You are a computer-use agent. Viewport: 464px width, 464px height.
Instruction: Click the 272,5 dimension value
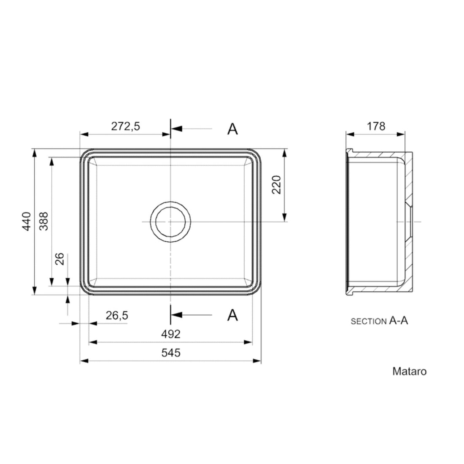coord(125,127)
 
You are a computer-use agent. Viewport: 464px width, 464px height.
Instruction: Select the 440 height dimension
coord(27,221)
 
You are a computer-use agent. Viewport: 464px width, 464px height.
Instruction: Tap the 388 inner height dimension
coord(44,221)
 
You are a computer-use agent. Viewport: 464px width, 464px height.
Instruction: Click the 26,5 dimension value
coord(117,316)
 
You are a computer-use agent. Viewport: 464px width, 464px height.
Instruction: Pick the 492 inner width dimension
coord(171,334)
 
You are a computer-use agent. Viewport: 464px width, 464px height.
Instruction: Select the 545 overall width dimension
coord(171,353)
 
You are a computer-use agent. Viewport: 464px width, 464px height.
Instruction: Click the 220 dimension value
coord(276,185)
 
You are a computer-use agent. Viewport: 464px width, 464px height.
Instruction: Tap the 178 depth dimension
coord(376,127)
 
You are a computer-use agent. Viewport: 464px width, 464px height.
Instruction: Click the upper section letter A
coord(232,129)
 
